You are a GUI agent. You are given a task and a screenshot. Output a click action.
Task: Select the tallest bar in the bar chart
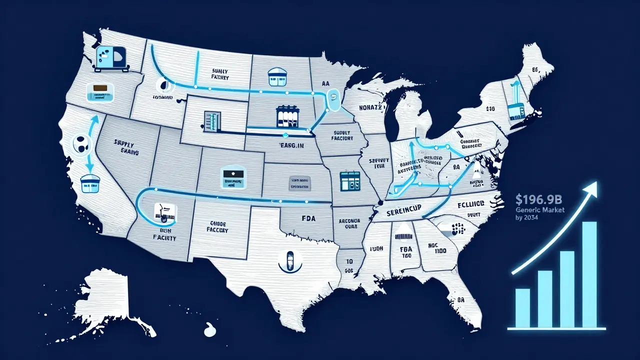coord(589,274)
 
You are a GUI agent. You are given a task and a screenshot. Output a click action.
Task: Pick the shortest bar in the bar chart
coord(522,308)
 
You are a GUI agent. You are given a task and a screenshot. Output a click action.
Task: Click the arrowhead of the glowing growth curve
coord(593,187)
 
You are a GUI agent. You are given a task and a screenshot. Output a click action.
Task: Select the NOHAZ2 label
coord(370,107)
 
